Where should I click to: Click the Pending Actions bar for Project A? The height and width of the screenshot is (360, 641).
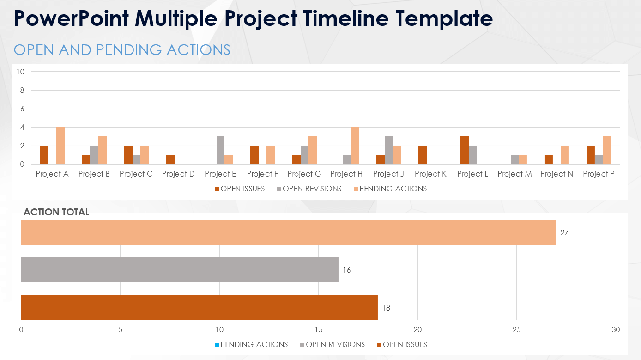click(60, 146)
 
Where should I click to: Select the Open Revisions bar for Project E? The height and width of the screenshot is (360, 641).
click(221, 150)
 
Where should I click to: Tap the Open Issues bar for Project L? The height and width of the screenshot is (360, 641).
click(465, 150)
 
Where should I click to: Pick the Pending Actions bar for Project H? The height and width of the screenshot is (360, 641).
click(355, 146)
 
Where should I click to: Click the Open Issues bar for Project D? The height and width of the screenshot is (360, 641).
click(170, 159)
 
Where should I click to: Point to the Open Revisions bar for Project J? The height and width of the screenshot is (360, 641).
click(389, 150)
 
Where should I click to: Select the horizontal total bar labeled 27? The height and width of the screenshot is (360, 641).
click(289, 232)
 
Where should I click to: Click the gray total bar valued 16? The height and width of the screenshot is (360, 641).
click(180, 270)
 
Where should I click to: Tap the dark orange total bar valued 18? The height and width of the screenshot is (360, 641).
click(199, 308)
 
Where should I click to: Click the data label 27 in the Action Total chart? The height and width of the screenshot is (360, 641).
click(564, 232)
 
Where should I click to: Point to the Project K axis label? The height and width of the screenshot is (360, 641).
click(430, 174)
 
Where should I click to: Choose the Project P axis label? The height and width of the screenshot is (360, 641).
click(599, 174)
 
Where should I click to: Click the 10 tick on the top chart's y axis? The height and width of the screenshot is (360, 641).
click(20, 72)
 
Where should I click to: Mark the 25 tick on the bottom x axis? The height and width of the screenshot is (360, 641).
click(516, 330)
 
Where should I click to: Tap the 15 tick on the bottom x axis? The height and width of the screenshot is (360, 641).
click(318, 330)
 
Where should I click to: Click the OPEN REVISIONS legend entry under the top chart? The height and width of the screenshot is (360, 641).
click(312, 189)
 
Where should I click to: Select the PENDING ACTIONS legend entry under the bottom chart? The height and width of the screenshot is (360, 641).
click(254, 344)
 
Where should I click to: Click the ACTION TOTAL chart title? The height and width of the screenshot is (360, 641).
click(56, 212)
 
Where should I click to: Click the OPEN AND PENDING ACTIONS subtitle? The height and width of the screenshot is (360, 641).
click(122, 50)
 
